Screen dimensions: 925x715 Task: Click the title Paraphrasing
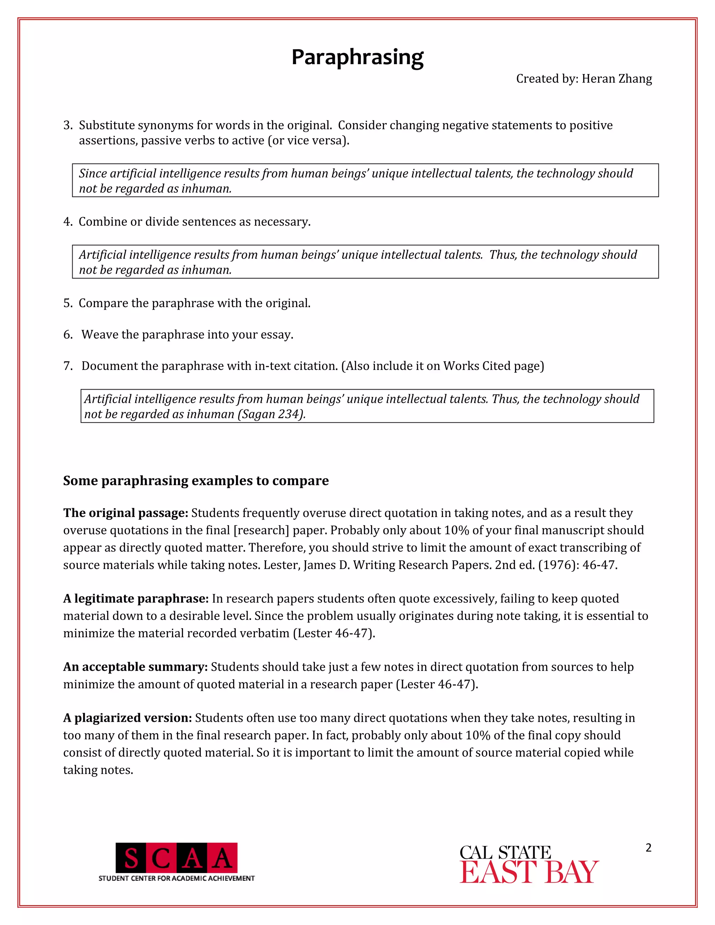[357, 57]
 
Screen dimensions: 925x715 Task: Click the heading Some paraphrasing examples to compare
[196, 481]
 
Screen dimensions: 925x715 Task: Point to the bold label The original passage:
[125, 513]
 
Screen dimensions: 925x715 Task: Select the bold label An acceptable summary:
[135, 667]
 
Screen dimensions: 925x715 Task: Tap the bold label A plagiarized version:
[127, 718]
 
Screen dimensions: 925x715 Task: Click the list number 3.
[67, 125]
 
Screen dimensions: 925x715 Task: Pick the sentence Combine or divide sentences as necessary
[194, 222]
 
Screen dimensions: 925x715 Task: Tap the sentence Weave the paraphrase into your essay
[187, 335]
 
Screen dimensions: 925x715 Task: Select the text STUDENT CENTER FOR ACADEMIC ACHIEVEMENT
[176, 879]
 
